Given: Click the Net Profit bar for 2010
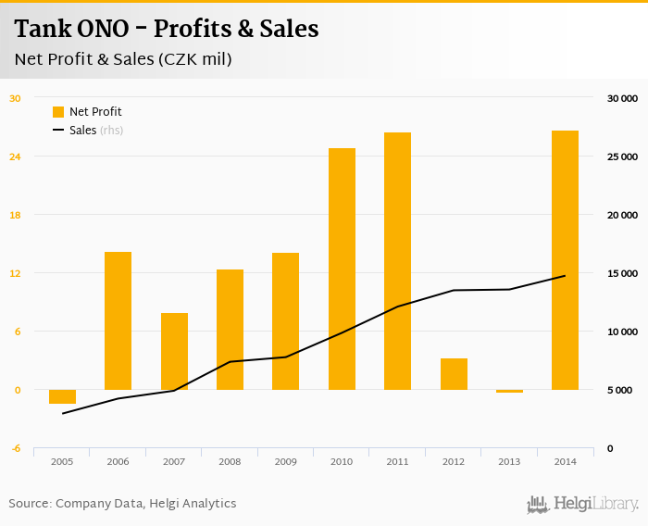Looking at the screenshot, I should pyautogui.click(x=342, y=269).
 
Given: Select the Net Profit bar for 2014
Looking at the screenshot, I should pyautogui.click(x=565, y=260).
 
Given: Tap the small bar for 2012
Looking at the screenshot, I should pyautogui.click(x=454, y=374).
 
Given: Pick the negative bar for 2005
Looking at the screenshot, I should pyautogui.click(x=62, y=396).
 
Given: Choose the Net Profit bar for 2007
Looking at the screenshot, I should pyautogui.click(x=174, y=351).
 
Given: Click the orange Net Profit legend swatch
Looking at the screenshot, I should pyautogui.click(x=58, y=112).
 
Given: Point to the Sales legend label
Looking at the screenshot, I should pyautogui.click(x=82, y=131).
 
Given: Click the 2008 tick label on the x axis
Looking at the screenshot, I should pyautogui.click(x=230, y=461).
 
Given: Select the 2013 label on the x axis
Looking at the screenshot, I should pyautogui.click(x=509, y=461).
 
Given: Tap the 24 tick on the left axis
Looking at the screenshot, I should pyautogui.click(x=15, y=157).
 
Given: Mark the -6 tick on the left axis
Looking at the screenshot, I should pyautogui.click(x=16, y=448).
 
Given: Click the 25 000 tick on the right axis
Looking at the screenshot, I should pyautogui.click(x=621, y=157).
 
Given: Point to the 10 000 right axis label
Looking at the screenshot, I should pyautogui.click(x=621, y=332).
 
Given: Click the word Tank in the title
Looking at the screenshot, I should pyautogui.click(x=40, y=30).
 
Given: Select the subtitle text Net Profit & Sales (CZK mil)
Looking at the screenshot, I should pyautogui.click(x=123, y=59).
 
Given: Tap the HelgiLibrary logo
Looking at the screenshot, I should pyautogui.click(x=582, y=504).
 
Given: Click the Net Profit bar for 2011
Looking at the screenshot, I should pyautogui.click(x=397, y=261).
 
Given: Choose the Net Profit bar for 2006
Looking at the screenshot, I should pyautogui.click(x=118, y=320).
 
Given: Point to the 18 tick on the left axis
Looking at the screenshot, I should pyautogui.click(x=15, y=215).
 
